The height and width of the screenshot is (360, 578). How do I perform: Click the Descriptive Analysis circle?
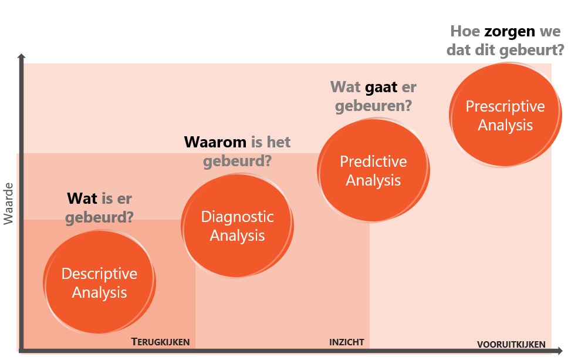[x=100, y=282]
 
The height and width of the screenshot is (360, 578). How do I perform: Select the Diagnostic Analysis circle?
[x=238, y=226]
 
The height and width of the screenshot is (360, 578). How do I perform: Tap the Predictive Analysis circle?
[x=373, y=170]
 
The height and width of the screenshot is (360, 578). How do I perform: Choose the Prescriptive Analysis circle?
[x=505, y=115]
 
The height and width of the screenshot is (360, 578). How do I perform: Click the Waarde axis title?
[x=8, y=204]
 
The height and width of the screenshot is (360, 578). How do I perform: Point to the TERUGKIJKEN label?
[x=160, y=342]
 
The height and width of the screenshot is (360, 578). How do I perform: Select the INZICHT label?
[x=346, y=342]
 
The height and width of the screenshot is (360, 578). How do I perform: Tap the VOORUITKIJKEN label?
[x=511, y=345]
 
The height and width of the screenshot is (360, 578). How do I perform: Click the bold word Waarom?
[x=215, y=142]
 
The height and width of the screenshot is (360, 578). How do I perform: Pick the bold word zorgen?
[x=510, y=31]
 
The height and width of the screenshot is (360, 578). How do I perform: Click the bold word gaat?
[x=381, y=88]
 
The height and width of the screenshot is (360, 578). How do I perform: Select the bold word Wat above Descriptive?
[x=82, y=198]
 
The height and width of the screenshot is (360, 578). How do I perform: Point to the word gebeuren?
[x=373, y=106]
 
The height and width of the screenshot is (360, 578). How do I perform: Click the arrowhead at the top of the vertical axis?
[x=21, y=56]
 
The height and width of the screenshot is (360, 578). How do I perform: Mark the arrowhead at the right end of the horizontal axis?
[x=560, y=351]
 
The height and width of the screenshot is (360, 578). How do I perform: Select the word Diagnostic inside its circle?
[x=238, y=217]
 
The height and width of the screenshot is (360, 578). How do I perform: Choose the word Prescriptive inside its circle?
[x=505, y=106]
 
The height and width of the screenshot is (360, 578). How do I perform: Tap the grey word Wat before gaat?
[x=346, y=88]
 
